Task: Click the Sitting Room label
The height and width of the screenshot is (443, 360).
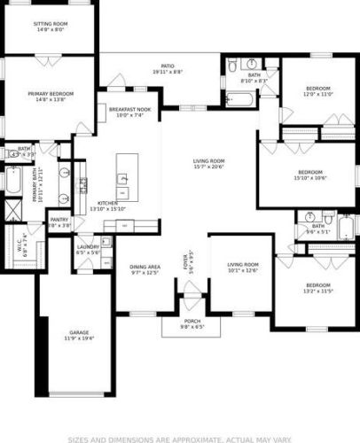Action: (x=50, y=26)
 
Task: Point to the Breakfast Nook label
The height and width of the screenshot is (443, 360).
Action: (x=129, y=112)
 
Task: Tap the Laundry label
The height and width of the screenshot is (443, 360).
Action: (x=87, y=250)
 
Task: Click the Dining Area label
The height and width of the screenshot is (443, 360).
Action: (x=145, y=269)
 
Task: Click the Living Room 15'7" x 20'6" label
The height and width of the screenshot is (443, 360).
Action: (x=209, y=163)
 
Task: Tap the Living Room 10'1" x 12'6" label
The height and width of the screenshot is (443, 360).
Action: (x=242, y=268)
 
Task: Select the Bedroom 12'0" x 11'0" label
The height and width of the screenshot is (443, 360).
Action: (x=318, y=91)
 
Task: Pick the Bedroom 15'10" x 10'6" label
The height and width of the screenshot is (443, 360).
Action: (x=309, y=174)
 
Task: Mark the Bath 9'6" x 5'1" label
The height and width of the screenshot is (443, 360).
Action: (x=318, y=229)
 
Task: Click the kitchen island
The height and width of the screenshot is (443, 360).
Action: (x=124, y=175)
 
